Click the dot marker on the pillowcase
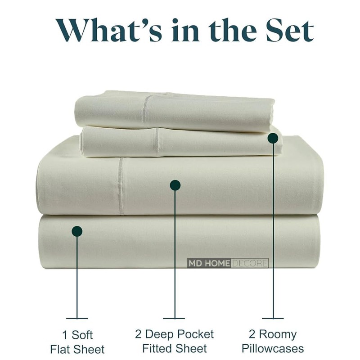click(273, 138)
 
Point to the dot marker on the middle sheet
click(175, 185)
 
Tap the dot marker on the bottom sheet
click(77, 231)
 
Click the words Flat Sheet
click(77, 349)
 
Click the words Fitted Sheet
click(175, 348)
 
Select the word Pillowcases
click(272, 348)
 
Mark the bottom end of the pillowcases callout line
click(273, 318)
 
